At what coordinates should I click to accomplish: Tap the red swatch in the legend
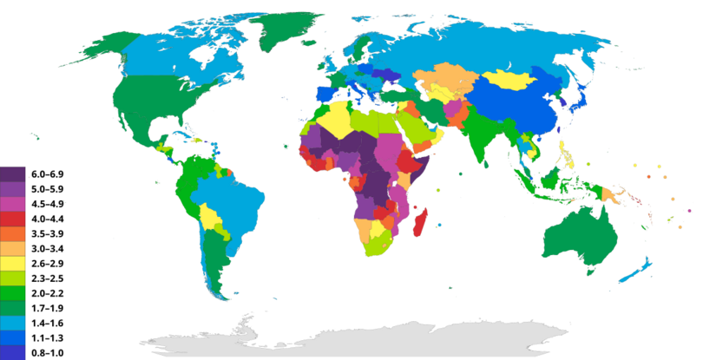coord(13,219)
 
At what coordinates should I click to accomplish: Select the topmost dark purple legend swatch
coord(13,173)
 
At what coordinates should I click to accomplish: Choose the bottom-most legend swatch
coord(13,352)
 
